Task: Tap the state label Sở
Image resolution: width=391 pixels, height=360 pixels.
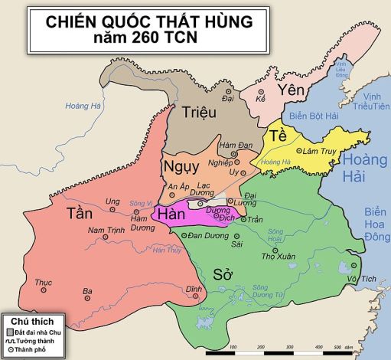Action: (x=223, y=274)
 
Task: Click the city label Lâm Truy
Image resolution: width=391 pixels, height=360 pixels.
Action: (x=322, y=151)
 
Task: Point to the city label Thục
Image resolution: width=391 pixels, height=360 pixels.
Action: (x=43, y=282)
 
